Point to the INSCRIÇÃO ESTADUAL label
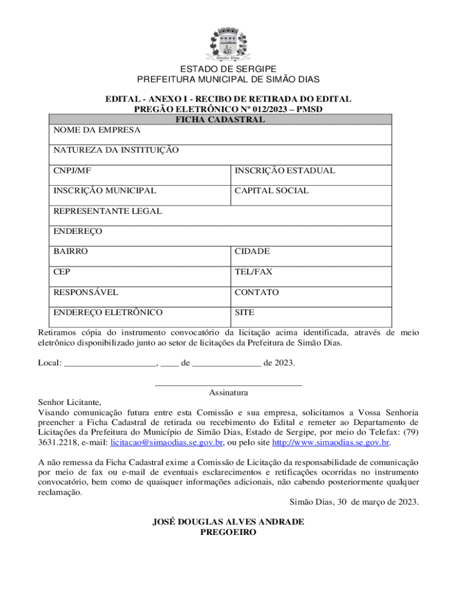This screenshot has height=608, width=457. (x=285, y=170)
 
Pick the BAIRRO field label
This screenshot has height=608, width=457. (x=71, y=251)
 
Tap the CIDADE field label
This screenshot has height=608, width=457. (x=252, y=251)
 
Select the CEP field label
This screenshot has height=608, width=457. (x=62, y=272)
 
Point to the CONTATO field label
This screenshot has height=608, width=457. (x=256, y=292)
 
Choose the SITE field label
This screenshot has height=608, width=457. (x=245, y=312)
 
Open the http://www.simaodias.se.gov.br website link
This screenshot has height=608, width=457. (x=331, y=443)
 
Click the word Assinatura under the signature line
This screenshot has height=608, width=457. (x=228, y=392)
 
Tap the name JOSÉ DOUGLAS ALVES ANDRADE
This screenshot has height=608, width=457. (x=228, y=522)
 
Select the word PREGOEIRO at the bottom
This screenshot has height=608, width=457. (x=228, y=533)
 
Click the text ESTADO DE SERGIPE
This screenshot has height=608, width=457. (x=228, y=69)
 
